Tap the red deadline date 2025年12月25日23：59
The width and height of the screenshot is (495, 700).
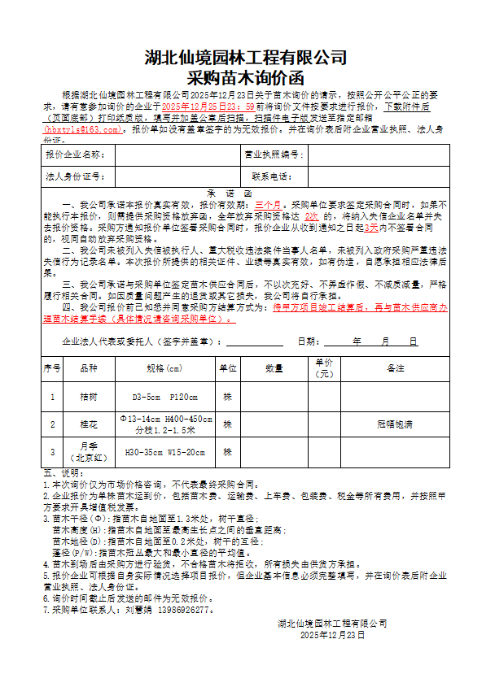pyautogui.click(x=208, y=107)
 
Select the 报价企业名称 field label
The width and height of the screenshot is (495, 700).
pyautogui.click(x=76, y=154)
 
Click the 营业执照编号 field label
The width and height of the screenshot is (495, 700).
pyautogui.click(x=273, y=154)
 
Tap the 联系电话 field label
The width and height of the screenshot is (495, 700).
pyautogui.click(x=273, y=176)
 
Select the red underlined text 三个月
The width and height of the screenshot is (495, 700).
pyautogui.click(x=268, y=205)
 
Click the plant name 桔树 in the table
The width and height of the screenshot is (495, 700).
pyautogui.click(x=88, y=397)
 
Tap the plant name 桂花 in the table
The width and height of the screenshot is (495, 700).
pyautogui.click(x=88, y=424)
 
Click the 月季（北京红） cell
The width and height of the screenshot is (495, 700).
pyautogui.click(x=88, y=451)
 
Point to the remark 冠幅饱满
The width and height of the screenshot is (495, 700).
pyautogui.click(x=396, y=424)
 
